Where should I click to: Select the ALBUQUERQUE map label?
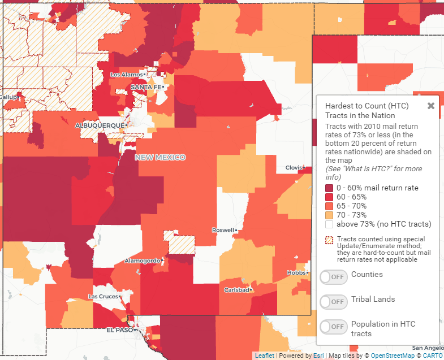[x=100, y=125]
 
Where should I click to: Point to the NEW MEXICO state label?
[x=160, y=157]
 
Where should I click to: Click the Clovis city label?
[x=294, y=168]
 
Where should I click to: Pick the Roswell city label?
[x=222, y=231]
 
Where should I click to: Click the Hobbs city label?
[x=296, y=272]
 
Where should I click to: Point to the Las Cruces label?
[x=102, y=296]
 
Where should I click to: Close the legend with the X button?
[x=431, y=106]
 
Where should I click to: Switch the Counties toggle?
[x=334, y=277]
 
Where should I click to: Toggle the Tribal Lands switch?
[x=334, y=302]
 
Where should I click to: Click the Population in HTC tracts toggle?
[x=334, y=327]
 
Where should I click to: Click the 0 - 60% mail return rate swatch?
[x=329, y=188]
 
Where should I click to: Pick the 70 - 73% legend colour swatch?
[x=329, y=215]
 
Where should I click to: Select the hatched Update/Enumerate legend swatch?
[x=329, y=240]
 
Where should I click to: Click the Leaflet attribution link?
[x=264, y=355]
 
